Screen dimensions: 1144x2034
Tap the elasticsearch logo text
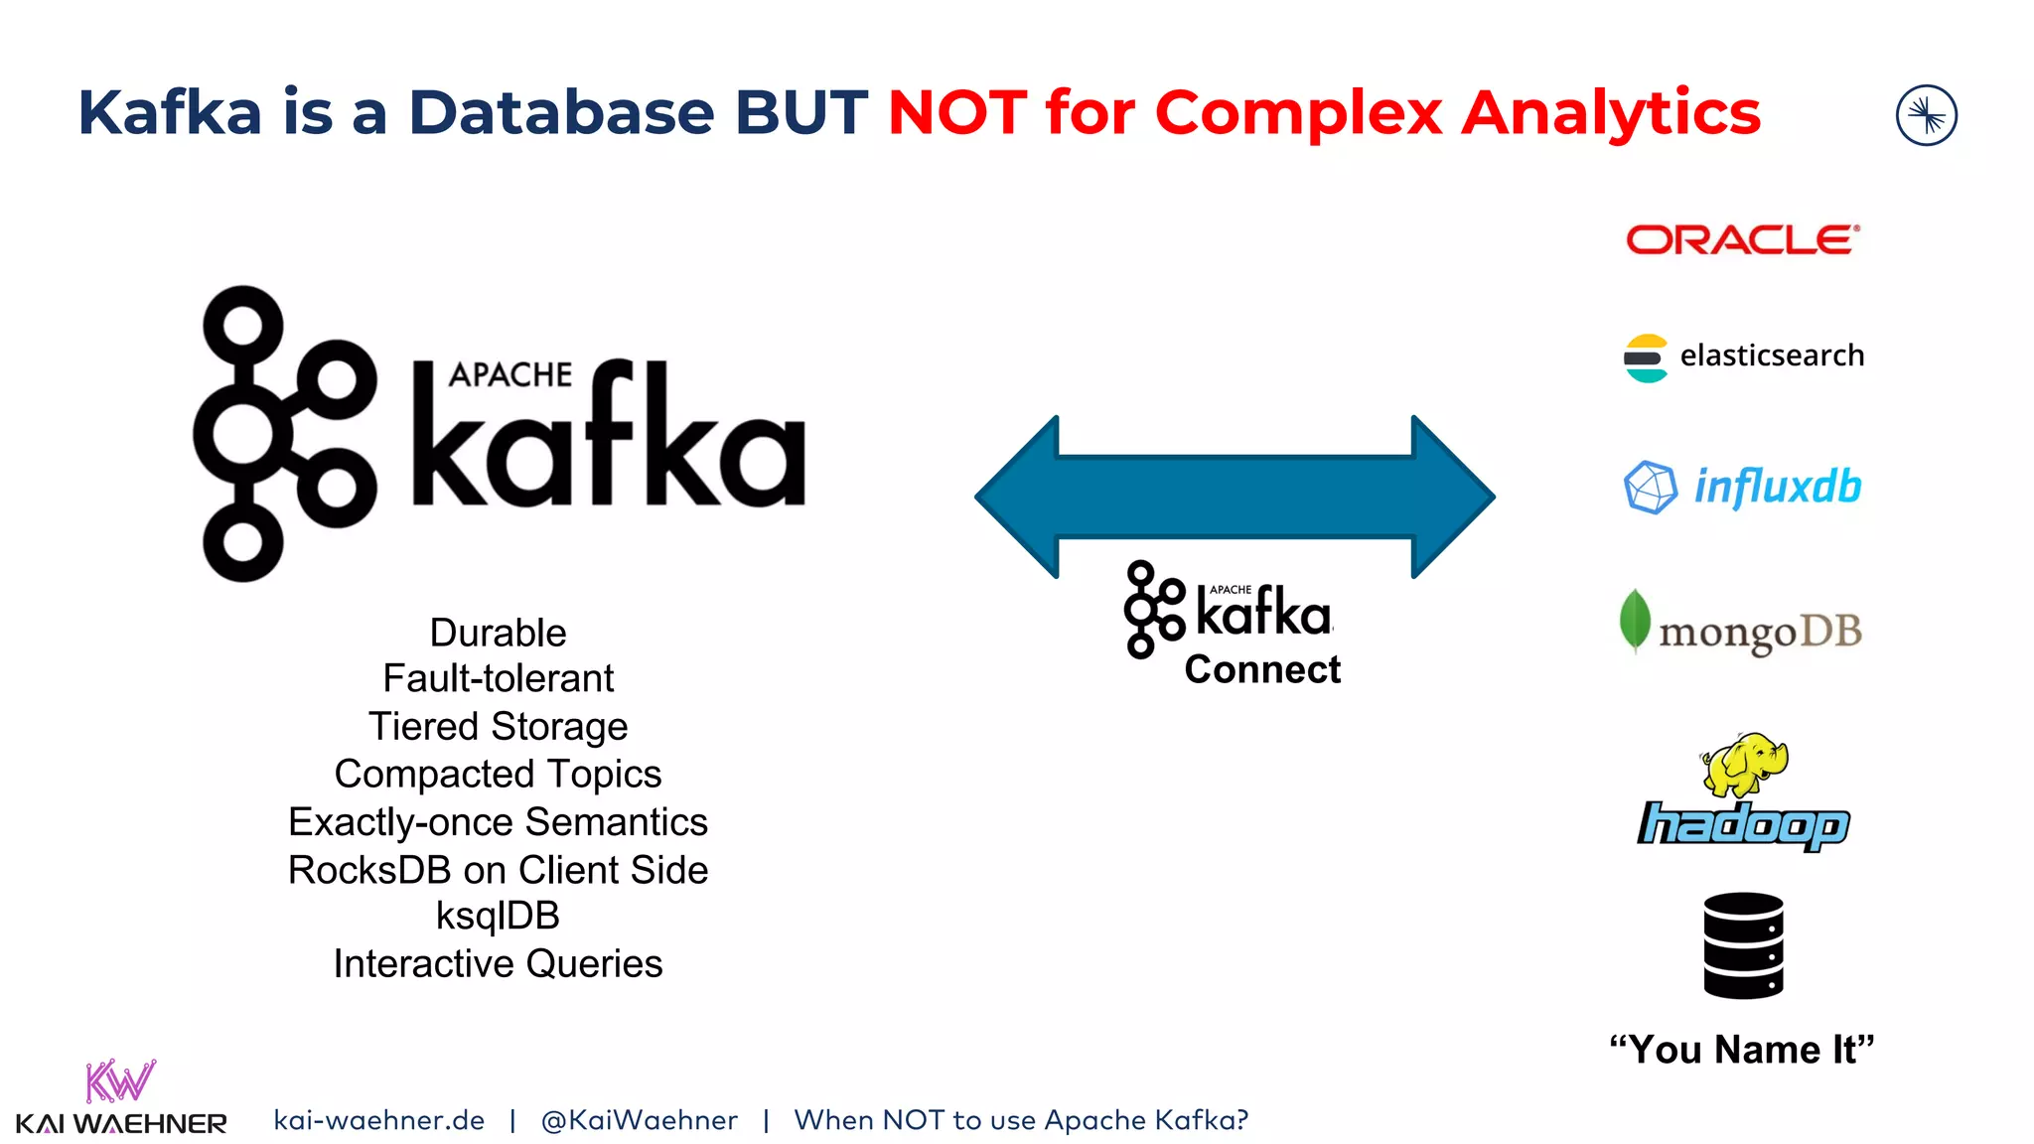1771,356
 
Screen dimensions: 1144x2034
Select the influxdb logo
1743,487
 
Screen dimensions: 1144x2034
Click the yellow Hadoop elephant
1744,764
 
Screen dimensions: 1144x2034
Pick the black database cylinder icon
1743,945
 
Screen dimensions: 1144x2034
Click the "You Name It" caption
1741,1050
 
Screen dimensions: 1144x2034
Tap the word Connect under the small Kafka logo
1262,670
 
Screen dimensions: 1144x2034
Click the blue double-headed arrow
1235,497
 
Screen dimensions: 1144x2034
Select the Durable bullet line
498,633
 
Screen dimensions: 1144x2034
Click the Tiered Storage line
498,727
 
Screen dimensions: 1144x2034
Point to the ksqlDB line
498,916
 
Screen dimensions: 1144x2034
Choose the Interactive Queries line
498,963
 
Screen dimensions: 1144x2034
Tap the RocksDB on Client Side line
498,870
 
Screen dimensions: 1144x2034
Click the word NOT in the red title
957,112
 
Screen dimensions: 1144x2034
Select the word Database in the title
561,112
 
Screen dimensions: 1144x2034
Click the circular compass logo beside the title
1926,115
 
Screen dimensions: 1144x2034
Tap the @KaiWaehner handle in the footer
639,1120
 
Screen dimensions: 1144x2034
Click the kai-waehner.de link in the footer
378,1120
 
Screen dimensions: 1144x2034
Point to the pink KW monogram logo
120,1081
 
